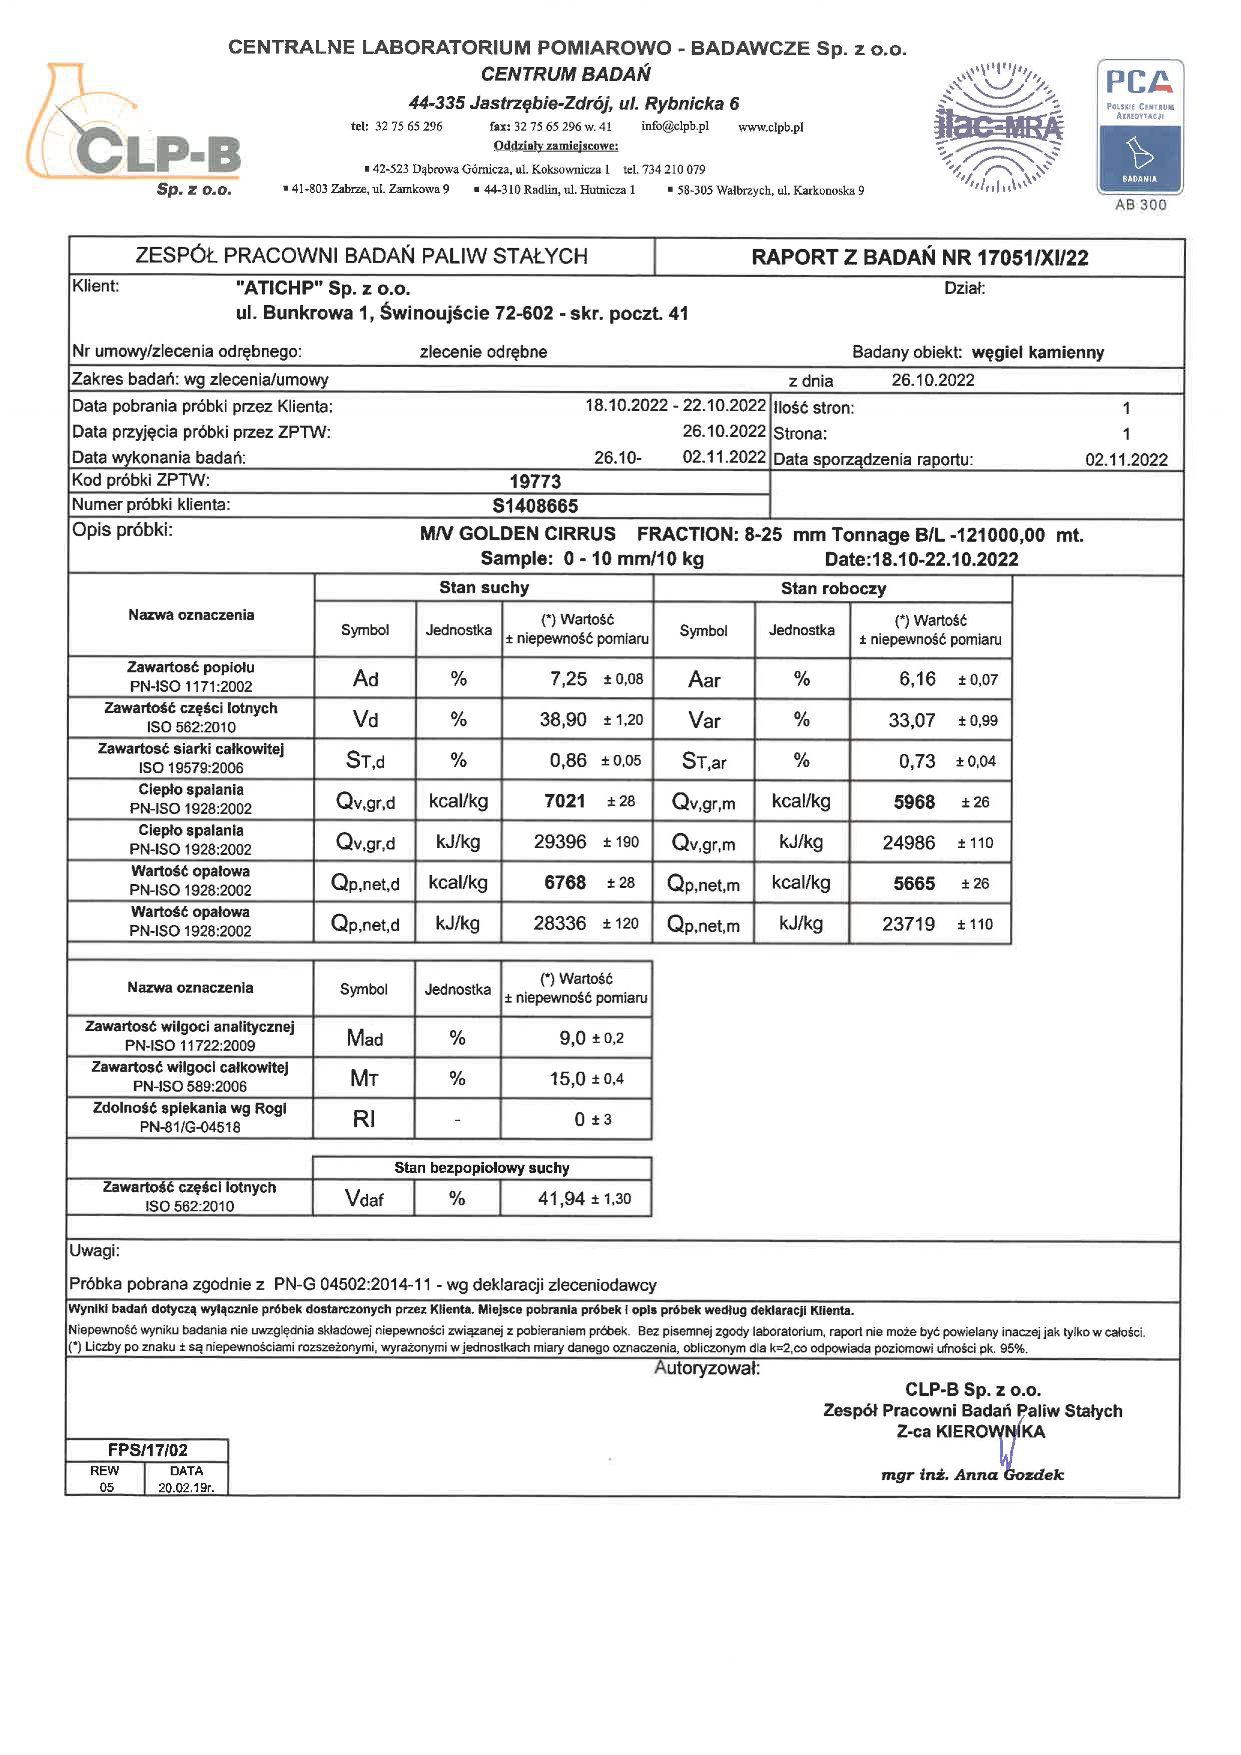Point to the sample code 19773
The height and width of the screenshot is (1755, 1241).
535,482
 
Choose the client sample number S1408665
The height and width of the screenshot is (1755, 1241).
535,506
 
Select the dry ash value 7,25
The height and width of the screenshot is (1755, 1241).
568,679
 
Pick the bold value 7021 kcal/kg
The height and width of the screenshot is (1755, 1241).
564,801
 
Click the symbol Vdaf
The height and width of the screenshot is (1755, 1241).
364,1199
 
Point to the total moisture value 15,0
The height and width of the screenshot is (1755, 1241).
567,1079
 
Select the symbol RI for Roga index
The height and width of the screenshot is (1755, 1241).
364,1119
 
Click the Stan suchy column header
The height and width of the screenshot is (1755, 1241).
484,588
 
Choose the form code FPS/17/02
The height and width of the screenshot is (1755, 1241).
148,1450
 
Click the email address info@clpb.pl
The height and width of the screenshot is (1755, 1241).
675,126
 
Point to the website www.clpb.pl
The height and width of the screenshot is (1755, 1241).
770,127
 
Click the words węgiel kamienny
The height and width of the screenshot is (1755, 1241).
1038,352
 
